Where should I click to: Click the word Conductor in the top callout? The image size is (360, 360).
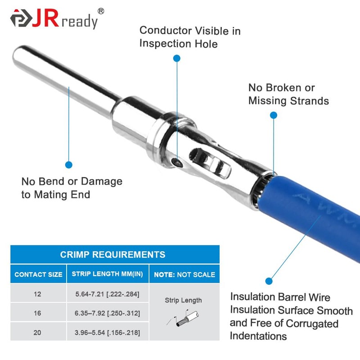(165, 31)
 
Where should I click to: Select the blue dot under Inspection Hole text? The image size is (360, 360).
(177, 58)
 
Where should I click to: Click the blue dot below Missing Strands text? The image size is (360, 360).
(273, 115)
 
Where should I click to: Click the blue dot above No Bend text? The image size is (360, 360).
(69, 165)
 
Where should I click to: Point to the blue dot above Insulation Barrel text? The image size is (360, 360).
(269, 281)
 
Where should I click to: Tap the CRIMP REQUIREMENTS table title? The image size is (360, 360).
(112, 255)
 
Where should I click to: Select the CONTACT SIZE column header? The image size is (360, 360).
(38, 274)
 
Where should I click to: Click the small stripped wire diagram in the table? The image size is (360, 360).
(182, 319)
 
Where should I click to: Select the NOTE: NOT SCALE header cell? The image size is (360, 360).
(184, 274)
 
